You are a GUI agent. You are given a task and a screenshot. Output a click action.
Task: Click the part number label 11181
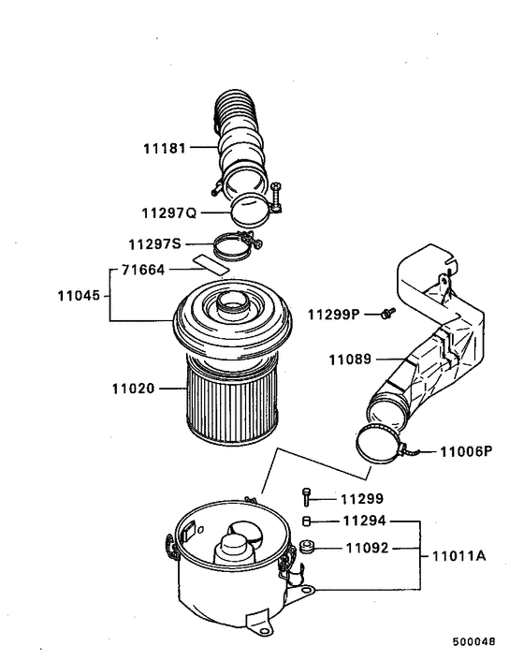click(x=165, y=148)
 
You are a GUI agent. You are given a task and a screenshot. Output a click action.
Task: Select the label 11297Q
click(x=168, y=212)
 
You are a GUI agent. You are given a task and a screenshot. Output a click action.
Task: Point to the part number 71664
click(x=145, y=271)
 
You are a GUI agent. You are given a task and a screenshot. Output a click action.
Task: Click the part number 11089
click(x=349, y=359)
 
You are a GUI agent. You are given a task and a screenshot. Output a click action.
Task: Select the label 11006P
click(x=466, y=450)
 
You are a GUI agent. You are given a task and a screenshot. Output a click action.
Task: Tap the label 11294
click(x=363, y=520)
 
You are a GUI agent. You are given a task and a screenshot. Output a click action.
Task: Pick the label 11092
click(x=363, y=548)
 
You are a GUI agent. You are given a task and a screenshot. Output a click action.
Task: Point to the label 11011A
click(x=458, y=555)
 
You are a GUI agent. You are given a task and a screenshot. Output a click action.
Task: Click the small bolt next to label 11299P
click(x=386, y=313)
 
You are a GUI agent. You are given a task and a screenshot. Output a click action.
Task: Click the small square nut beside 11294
click(x=306, y=521)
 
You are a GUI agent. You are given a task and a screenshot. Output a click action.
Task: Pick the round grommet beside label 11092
click(x=307, y=548)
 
